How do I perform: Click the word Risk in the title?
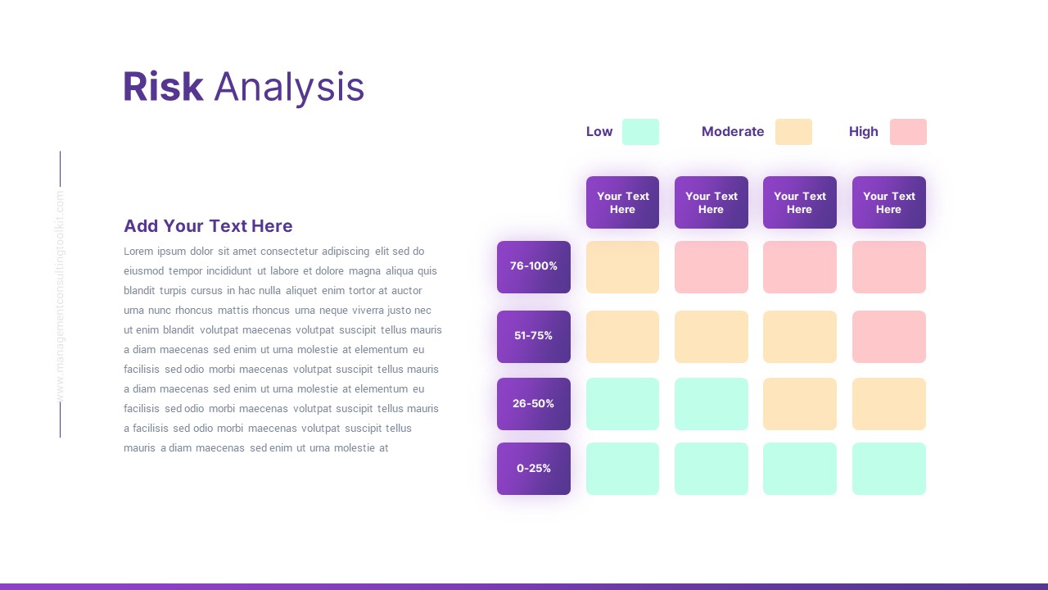(x=163, y=87)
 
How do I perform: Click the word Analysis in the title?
(x=288, y=87)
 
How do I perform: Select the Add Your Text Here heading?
(x=208, y=226)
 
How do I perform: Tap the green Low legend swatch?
(x=640, y=132)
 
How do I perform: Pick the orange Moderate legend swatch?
(x=793, y=132)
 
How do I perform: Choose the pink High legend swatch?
(x=908, y=132)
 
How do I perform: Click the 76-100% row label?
(x=533, y=266)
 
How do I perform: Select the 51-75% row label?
(x=533, y=336)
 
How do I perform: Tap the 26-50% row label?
(x=533, y=403)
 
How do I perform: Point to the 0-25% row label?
(x=533, y=469)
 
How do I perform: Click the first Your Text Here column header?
(x=622, y=202)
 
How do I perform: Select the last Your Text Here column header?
(x=888, y=202)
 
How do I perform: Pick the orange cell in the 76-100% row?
(x=622, y=267)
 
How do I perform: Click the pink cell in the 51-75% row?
(x=888, y=337)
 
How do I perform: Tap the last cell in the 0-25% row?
(x=888, y=469)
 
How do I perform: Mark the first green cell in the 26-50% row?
(x=622, y=404)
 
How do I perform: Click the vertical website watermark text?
(x=60, y=295)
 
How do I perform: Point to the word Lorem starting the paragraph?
(x=138, y=252)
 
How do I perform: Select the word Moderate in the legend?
(x=732, y=132)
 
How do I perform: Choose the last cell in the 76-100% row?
(x=888, y=267)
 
